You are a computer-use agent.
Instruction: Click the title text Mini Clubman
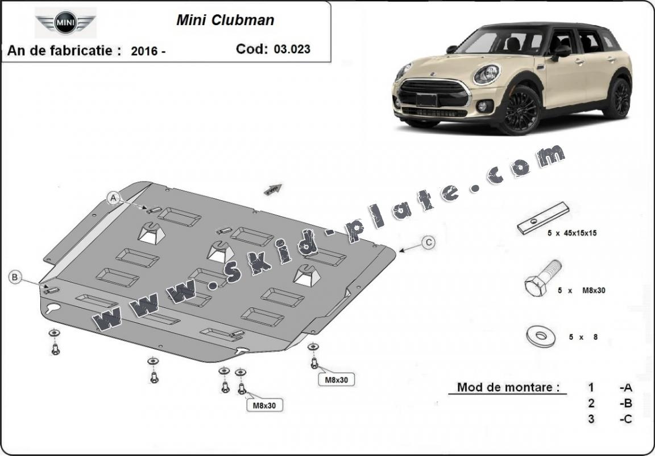pos(225,20)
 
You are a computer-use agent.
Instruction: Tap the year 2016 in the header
pos(144,51)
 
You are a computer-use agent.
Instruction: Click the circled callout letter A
pos(114,198)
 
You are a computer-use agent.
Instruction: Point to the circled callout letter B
pos(15,277)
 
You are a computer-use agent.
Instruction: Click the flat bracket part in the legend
pos(543,218)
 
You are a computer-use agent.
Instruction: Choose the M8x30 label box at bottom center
pos(264,405)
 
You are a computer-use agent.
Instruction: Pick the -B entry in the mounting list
pos(626,404)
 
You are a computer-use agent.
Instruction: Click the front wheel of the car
pos(521,110)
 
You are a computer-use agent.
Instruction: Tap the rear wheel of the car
pos(621,98)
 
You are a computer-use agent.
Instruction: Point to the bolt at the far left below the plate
pos(55,348)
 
